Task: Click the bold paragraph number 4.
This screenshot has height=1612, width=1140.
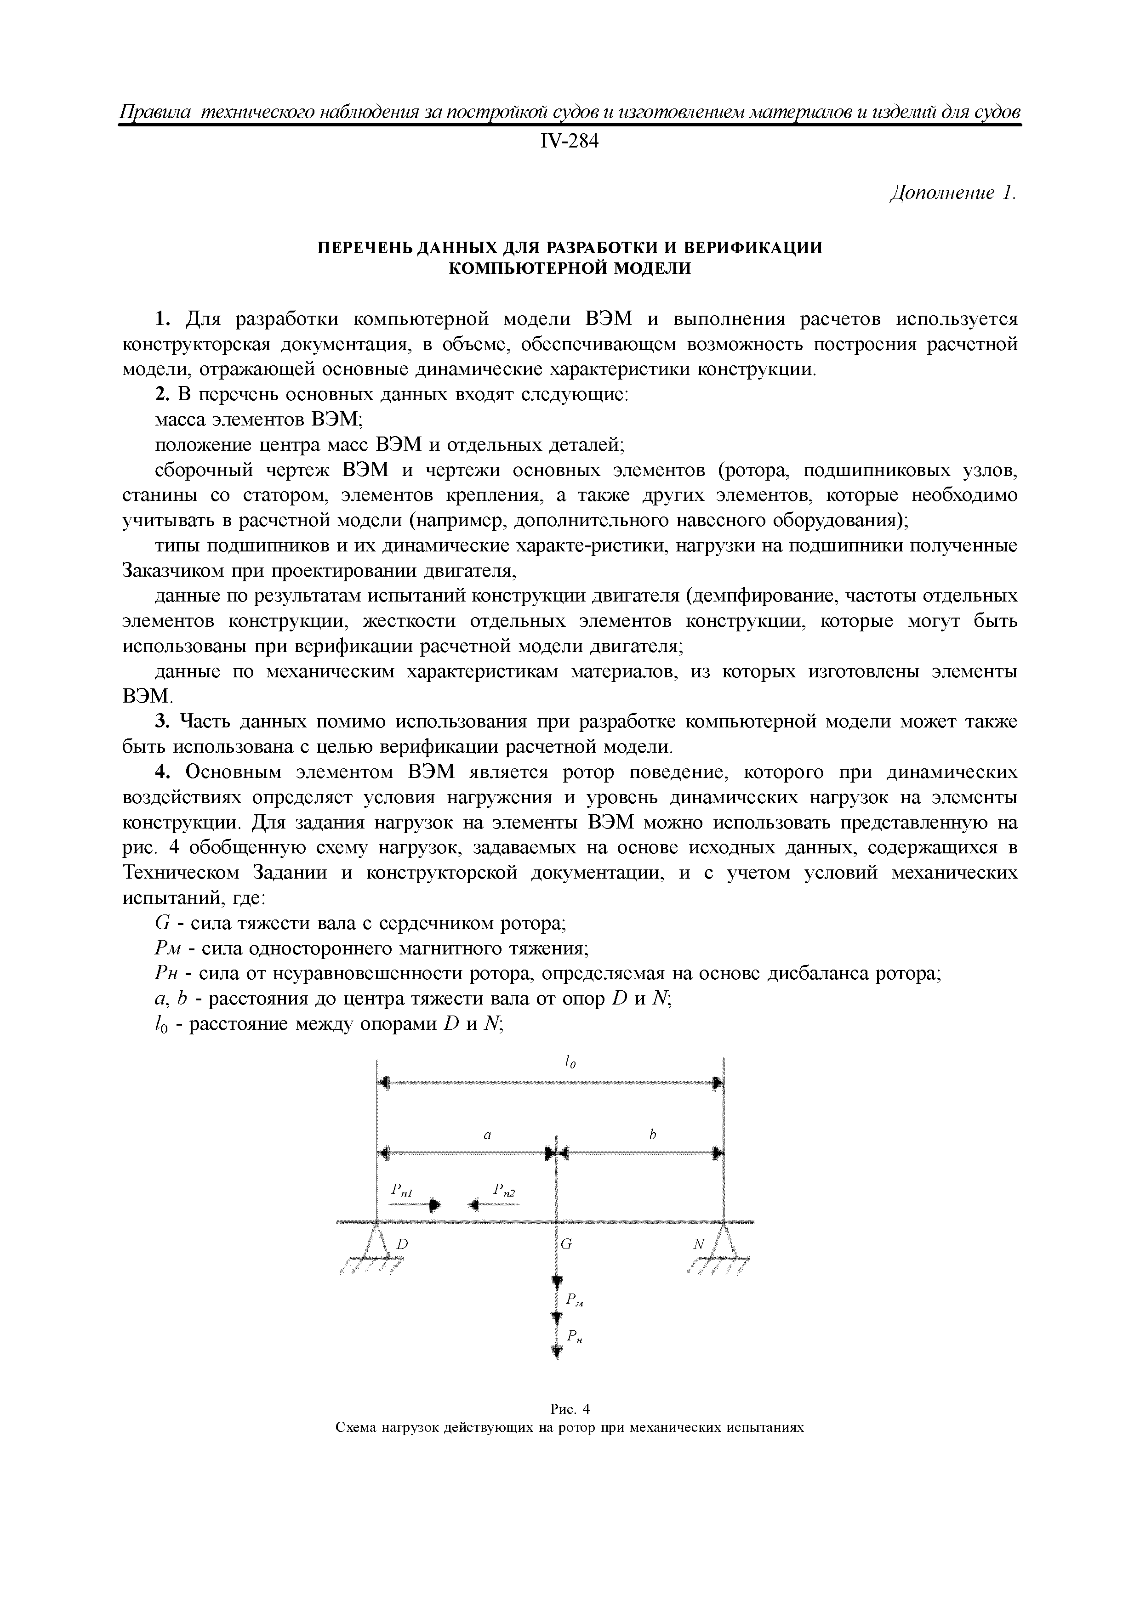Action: click(162, 772)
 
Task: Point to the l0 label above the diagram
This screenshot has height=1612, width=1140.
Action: click(570, 1064)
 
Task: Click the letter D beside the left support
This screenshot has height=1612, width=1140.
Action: click(403, 1243)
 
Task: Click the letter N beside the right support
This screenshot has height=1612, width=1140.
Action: click(699, 1243)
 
